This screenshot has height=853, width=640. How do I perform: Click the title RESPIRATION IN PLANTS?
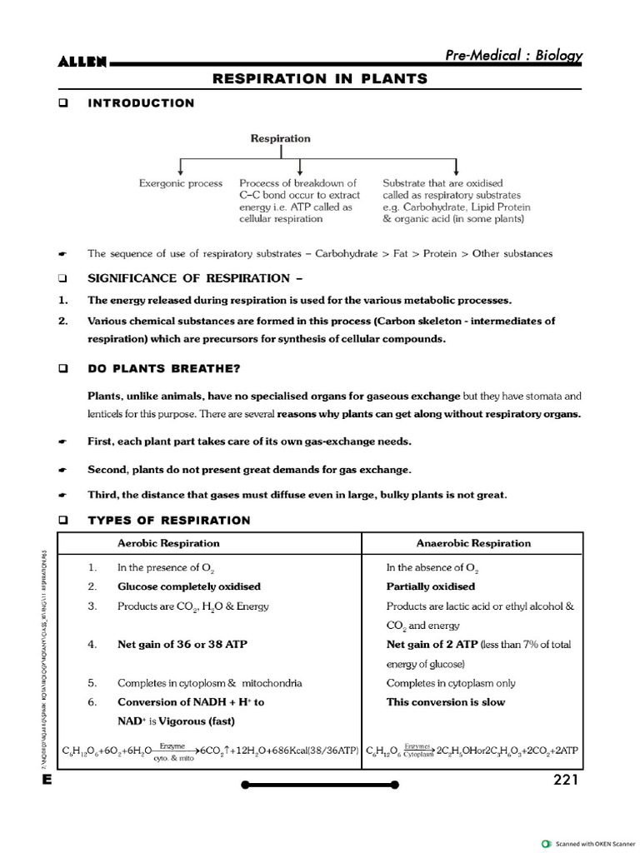pyautogui.click(x=320, y=79)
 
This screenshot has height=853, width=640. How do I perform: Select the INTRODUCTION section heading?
pyautogui.click(x=141, y=103)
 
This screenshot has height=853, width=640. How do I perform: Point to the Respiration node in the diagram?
pyautogui.click(x=281, y=139)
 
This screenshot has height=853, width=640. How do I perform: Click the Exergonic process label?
pyautogui.click(x=181, y=183)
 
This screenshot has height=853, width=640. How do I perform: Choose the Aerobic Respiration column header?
pyautogui.click(x=168, y=543)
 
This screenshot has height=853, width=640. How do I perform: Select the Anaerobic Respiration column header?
pyautogui.click(x=473, y=543)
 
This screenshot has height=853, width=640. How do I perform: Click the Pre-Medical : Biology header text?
pyautogui.click(x=513, y=56)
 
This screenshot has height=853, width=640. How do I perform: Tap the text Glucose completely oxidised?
pyautogui.click(x=189, y=586)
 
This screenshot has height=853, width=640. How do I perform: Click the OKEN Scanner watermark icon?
pyautogui.click(x=546, y=843)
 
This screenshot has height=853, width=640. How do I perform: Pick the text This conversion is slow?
pyautogui.click(x=446, y=702)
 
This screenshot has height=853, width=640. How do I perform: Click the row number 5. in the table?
pyautogui.click(x=92, y=683)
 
